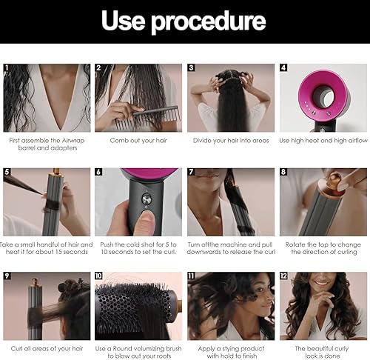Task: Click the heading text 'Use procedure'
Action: pos(184,21)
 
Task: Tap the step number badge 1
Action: pos(7,67)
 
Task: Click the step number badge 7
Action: pos(192,172)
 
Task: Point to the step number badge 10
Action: pos(99,276)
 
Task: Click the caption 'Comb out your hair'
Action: pos(138,139)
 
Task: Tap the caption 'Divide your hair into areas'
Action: pos(230,139)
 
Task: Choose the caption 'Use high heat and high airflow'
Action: pos(323,139)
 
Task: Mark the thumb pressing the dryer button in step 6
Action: pos(141,222)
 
